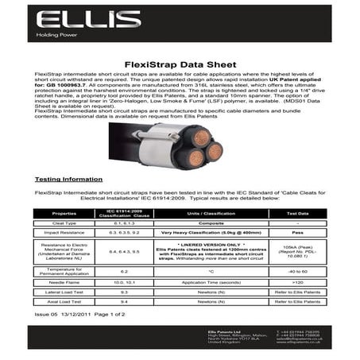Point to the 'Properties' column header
pos(64,213)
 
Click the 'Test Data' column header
pos(297,213)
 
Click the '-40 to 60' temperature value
pos(297,271)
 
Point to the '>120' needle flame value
pos(297,282)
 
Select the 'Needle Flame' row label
pos(64,282)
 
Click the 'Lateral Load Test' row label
pos(64,292)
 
